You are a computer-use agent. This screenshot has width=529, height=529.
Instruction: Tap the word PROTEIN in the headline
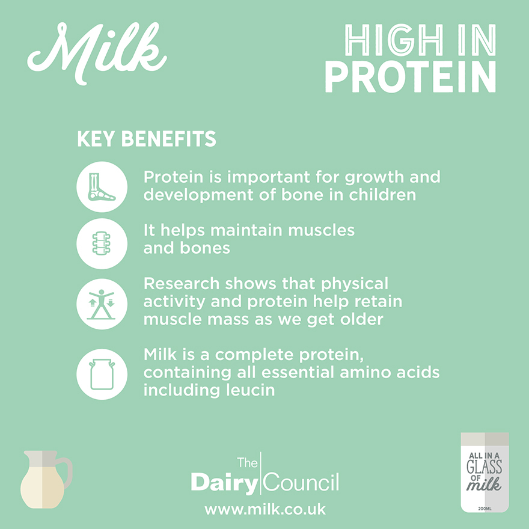point(410,77)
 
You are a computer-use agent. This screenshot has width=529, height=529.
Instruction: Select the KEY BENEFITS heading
point(147,139)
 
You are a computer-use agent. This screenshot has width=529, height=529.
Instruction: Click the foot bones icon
point(102,187)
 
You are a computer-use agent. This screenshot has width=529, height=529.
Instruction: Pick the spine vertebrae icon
point(102,243)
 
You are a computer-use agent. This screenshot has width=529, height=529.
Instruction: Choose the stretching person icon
point(102,304)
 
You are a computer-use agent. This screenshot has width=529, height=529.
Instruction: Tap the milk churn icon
point(102,374)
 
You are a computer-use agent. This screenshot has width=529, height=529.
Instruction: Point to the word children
point(382,195)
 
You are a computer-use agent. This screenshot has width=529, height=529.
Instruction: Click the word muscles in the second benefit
point(321,230)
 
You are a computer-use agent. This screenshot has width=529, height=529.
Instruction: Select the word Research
point(182,283)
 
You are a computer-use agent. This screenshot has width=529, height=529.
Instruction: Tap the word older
point(362,319)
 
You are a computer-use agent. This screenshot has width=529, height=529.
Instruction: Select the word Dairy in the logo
point(224,483)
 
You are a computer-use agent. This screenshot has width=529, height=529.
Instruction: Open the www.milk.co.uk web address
point(265,509)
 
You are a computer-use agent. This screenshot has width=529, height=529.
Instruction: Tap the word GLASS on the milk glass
point(485,467)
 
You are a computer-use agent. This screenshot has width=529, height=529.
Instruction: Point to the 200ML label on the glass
point(485,509)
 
